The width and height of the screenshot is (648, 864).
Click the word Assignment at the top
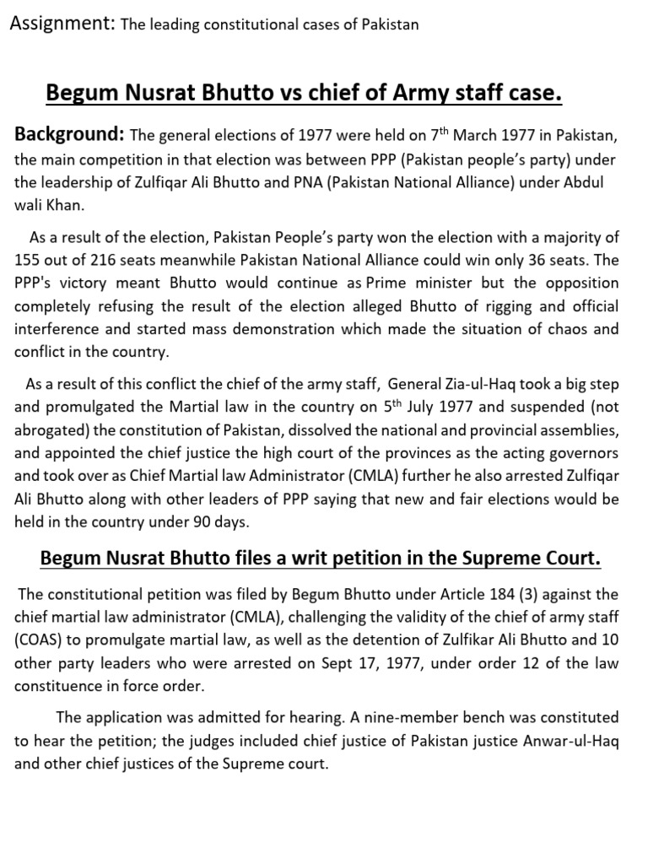[61, 24]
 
